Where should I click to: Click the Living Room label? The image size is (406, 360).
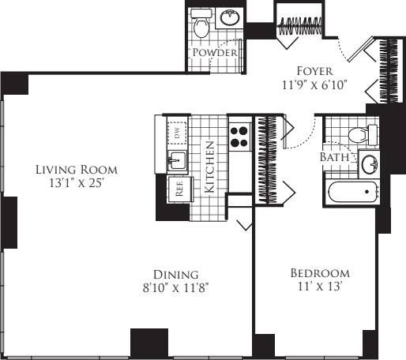click(x=77, y=170)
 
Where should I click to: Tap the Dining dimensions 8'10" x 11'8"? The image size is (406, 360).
click(x=176, y=288)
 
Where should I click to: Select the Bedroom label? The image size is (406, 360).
click(x=320, y=273)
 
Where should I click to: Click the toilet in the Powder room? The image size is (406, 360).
click(x=201, y=23)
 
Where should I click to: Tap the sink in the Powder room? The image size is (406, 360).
click(x=230, y=17)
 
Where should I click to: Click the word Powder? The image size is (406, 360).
click(x=215, y=52)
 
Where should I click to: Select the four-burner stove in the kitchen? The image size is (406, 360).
click(x=239, y=137)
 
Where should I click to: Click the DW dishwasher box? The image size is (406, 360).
click(x=177, y=133)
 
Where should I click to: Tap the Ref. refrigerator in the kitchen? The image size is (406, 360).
click(x=179, y=189)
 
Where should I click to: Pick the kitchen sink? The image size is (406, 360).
click(x=177, y=160)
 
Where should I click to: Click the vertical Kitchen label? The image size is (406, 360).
click(x=209, y=167)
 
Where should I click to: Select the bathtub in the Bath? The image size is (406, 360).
click(x=352, y=192)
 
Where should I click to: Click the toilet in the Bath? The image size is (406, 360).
click(x=363, y=134)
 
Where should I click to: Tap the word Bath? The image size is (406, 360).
click(x=334, y=157)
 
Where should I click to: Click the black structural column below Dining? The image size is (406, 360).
click(x=149, y=343)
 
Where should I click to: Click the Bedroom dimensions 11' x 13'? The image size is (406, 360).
click(x=320, y=287)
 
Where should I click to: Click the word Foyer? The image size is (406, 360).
click(x=314, y=71)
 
